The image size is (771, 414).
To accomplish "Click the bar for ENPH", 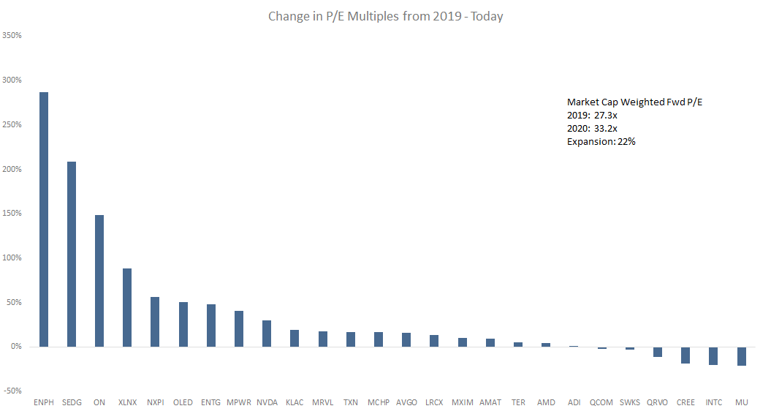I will (x=44, y=219).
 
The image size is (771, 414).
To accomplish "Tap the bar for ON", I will (x=99, y=281).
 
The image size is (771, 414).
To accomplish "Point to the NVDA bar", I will (x=267, y=334).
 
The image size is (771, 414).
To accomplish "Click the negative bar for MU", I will (x=742, y=356).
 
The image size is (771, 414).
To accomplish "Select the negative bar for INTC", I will (x=713, y=355).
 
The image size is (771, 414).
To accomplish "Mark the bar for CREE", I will (x=685, y=355).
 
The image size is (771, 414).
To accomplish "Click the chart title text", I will (x=385, y=16).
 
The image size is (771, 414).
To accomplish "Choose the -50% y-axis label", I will (x=12, y=391).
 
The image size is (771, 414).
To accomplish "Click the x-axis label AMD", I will (x=546, y=402).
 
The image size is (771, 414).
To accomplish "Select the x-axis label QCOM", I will (x=601, y=402).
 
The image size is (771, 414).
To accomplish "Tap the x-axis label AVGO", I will (x=406, y=402).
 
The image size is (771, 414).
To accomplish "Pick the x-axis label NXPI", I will (x=155, y=402).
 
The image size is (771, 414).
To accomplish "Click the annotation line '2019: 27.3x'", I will (x=593, y=116).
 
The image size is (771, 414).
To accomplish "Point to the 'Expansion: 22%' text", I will (x=601, y=142).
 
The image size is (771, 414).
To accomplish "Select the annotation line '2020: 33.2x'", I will (x=593, y=129).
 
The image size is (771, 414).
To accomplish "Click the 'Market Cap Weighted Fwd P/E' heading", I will (x=634, y=102).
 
